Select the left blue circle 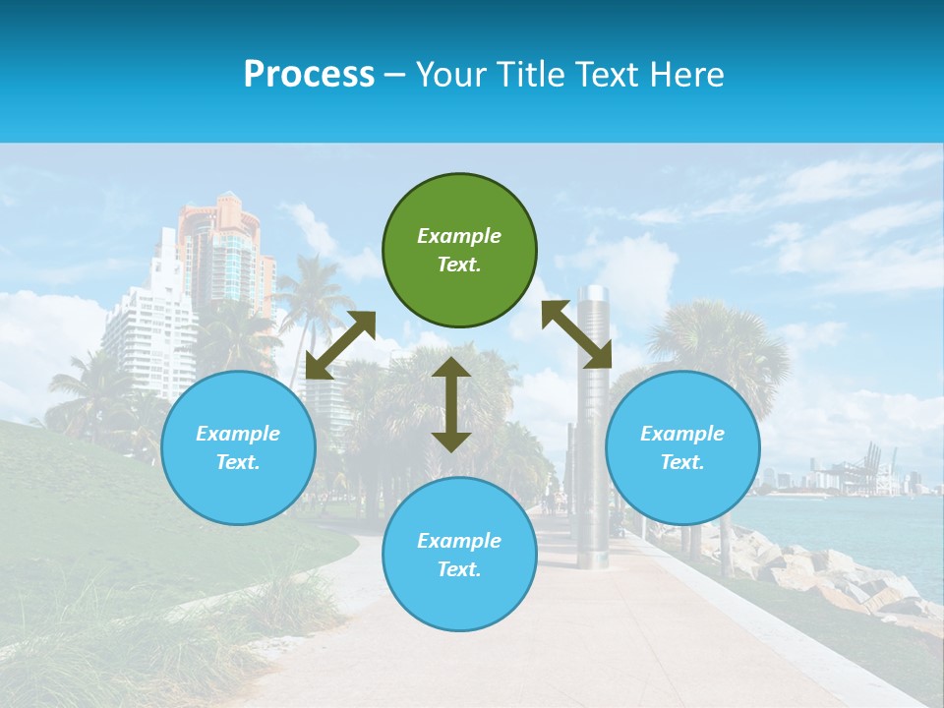point(238,447)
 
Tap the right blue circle point(682,447)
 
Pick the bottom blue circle point(459,554)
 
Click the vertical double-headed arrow point(451,404)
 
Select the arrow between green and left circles point(340,344)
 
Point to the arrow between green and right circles point(576,334)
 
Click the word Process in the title point(309,74)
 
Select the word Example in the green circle point(459,236)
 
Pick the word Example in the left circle point(238,434)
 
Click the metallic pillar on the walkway point(593,423)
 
